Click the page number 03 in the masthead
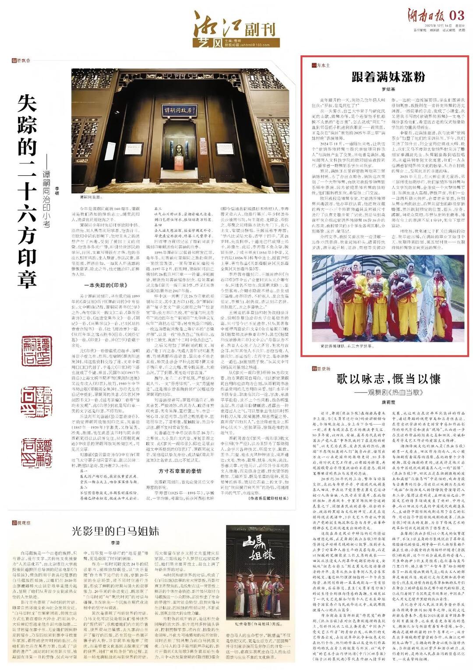tap(456, 15)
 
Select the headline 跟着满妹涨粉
tap(388, 77)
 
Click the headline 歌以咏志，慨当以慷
tap(388, 379)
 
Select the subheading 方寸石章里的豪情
tap(180, 471)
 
